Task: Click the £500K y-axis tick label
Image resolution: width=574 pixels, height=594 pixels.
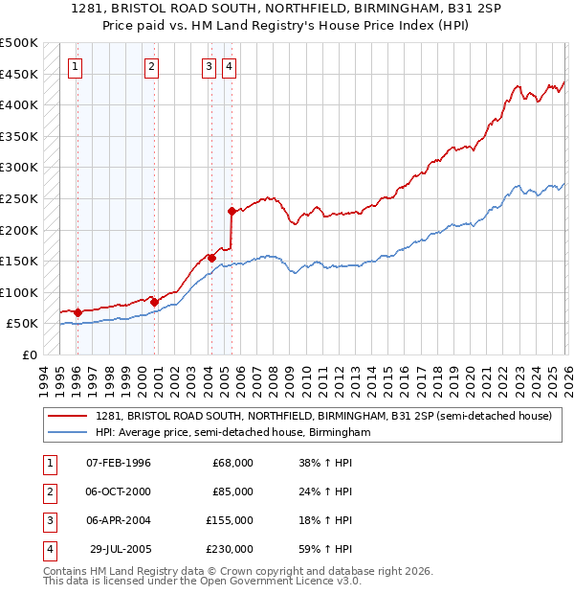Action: (x=19, y=43)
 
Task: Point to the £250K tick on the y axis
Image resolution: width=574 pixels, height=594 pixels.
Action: (x=19, y=198)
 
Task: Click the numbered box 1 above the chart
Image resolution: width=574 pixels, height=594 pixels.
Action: (x=76, y=66)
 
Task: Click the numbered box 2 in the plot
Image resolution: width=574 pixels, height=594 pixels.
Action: (x=152, y=66)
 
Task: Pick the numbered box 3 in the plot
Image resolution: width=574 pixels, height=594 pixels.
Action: (x=209, y=66)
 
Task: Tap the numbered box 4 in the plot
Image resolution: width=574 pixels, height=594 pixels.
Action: (x=230, y=66)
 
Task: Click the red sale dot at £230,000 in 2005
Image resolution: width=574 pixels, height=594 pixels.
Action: (x=232, y=211)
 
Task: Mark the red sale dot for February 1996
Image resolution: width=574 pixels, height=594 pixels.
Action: (x=77, y=311)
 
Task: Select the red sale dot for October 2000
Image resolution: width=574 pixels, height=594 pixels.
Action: (x=154, y=301)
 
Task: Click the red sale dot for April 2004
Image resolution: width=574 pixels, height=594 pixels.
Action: (x=211, y=258)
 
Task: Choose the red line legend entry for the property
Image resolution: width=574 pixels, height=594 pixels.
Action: (x=323, y=417)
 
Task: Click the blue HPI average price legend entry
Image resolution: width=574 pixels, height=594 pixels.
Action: (x=232, y=433)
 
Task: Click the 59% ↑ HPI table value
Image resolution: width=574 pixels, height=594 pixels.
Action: (x=325, y=549)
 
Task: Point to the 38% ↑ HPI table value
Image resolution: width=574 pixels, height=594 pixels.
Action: (x=325, y=463)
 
